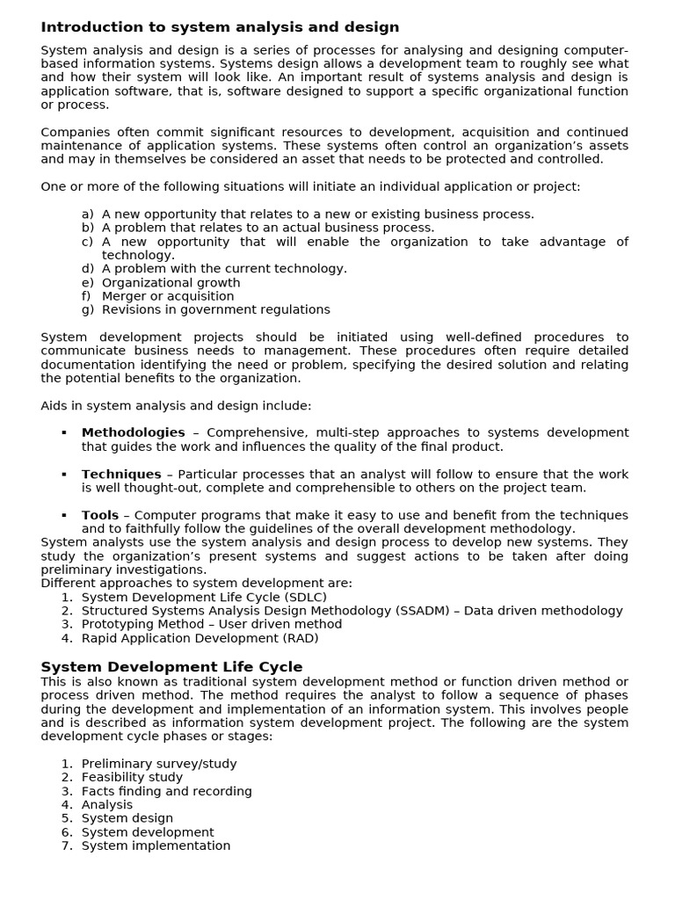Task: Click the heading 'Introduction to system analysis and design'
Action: pyautogui.click(x=220, y=27)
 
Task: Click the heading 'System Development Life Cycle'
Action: pyautogui.click(x=171, y=667)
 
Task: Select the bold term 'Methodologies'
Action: pyautogui.click(x=133, y=432)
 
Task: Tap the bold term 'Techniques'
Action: pyautogui.click(x=121, y=474)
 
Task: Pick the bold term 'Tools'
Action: pyautogui.click(x=99, y=515)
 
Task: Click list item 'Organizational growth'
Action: pyautogui.click(x=171, y=283)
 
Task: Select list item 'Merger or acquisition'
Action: pyautogui.click(x=168, y=296)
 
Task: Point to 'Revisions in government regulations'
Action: pyautogui.click(x=215, y=309)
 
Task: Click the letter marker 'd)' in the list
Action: pyautogui.click(x=87, y=269)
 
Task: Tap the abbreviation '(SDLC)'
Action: pyautogui.click(x=301, y=597)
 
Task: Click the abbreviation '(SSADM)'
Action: pyautogui.click(x=425, y=611)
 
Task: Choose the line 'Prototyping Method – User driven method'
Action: pyautogui.click(x=211, y=624)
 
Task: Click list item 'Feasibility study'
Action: pyautogui.click(x=132, y=777)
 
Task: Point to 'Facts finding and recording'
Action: pyautogui.click(x=166, y=791)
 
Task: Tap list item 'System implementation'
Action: pyautogui.click(x=156, y=846)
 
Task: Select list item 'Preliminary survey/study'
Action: pyautogui.click(x=158, y=764)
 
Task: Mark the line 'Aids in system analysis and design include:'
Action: pyautogui.click(x=176, y=405)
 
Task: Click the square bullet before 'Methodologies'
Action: pyautogui.click(x=64, y=433)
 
